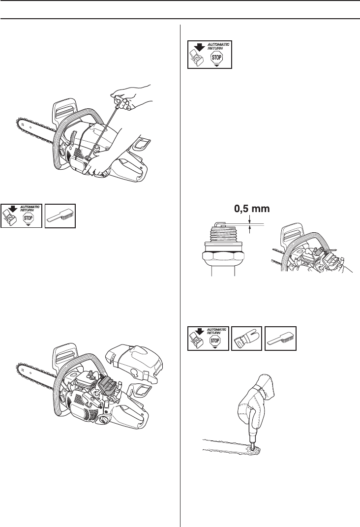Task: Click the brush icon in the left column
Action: coord(60,214)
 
